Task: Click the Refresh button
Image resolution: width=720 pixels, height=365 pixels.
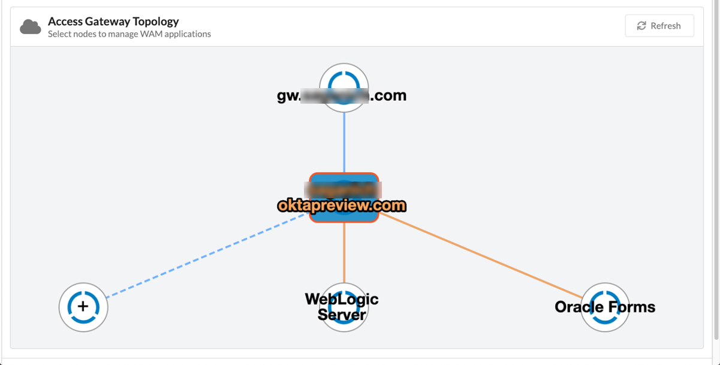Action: coord(659,26)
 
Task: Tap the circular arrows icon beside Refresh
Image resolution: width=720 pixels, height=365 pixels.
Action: coord(641,26)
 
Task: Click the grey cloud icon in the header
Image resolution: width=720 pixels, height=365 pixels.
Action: coord(31,27)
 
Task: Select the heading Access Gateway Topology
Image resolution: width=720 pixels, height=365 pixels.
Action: coord(113,21)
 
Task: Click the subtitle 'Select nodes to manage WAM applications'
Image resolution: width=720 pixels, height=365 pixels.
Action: coord(129,34)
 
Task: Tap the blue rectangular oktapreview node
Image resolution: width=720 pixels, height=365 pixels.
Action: coord(344,186)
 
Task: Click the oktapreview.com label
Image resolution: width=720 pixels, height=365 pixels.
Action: coord(342,206)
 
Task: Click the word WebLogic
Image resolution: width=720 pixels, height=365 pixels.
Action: coord(342,298)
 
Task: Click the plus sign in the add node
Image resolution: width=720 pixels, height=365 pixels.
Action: coord(83,307)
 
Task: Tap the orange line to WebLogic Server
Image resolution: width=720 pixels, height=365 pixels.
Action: coord(344,252)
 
